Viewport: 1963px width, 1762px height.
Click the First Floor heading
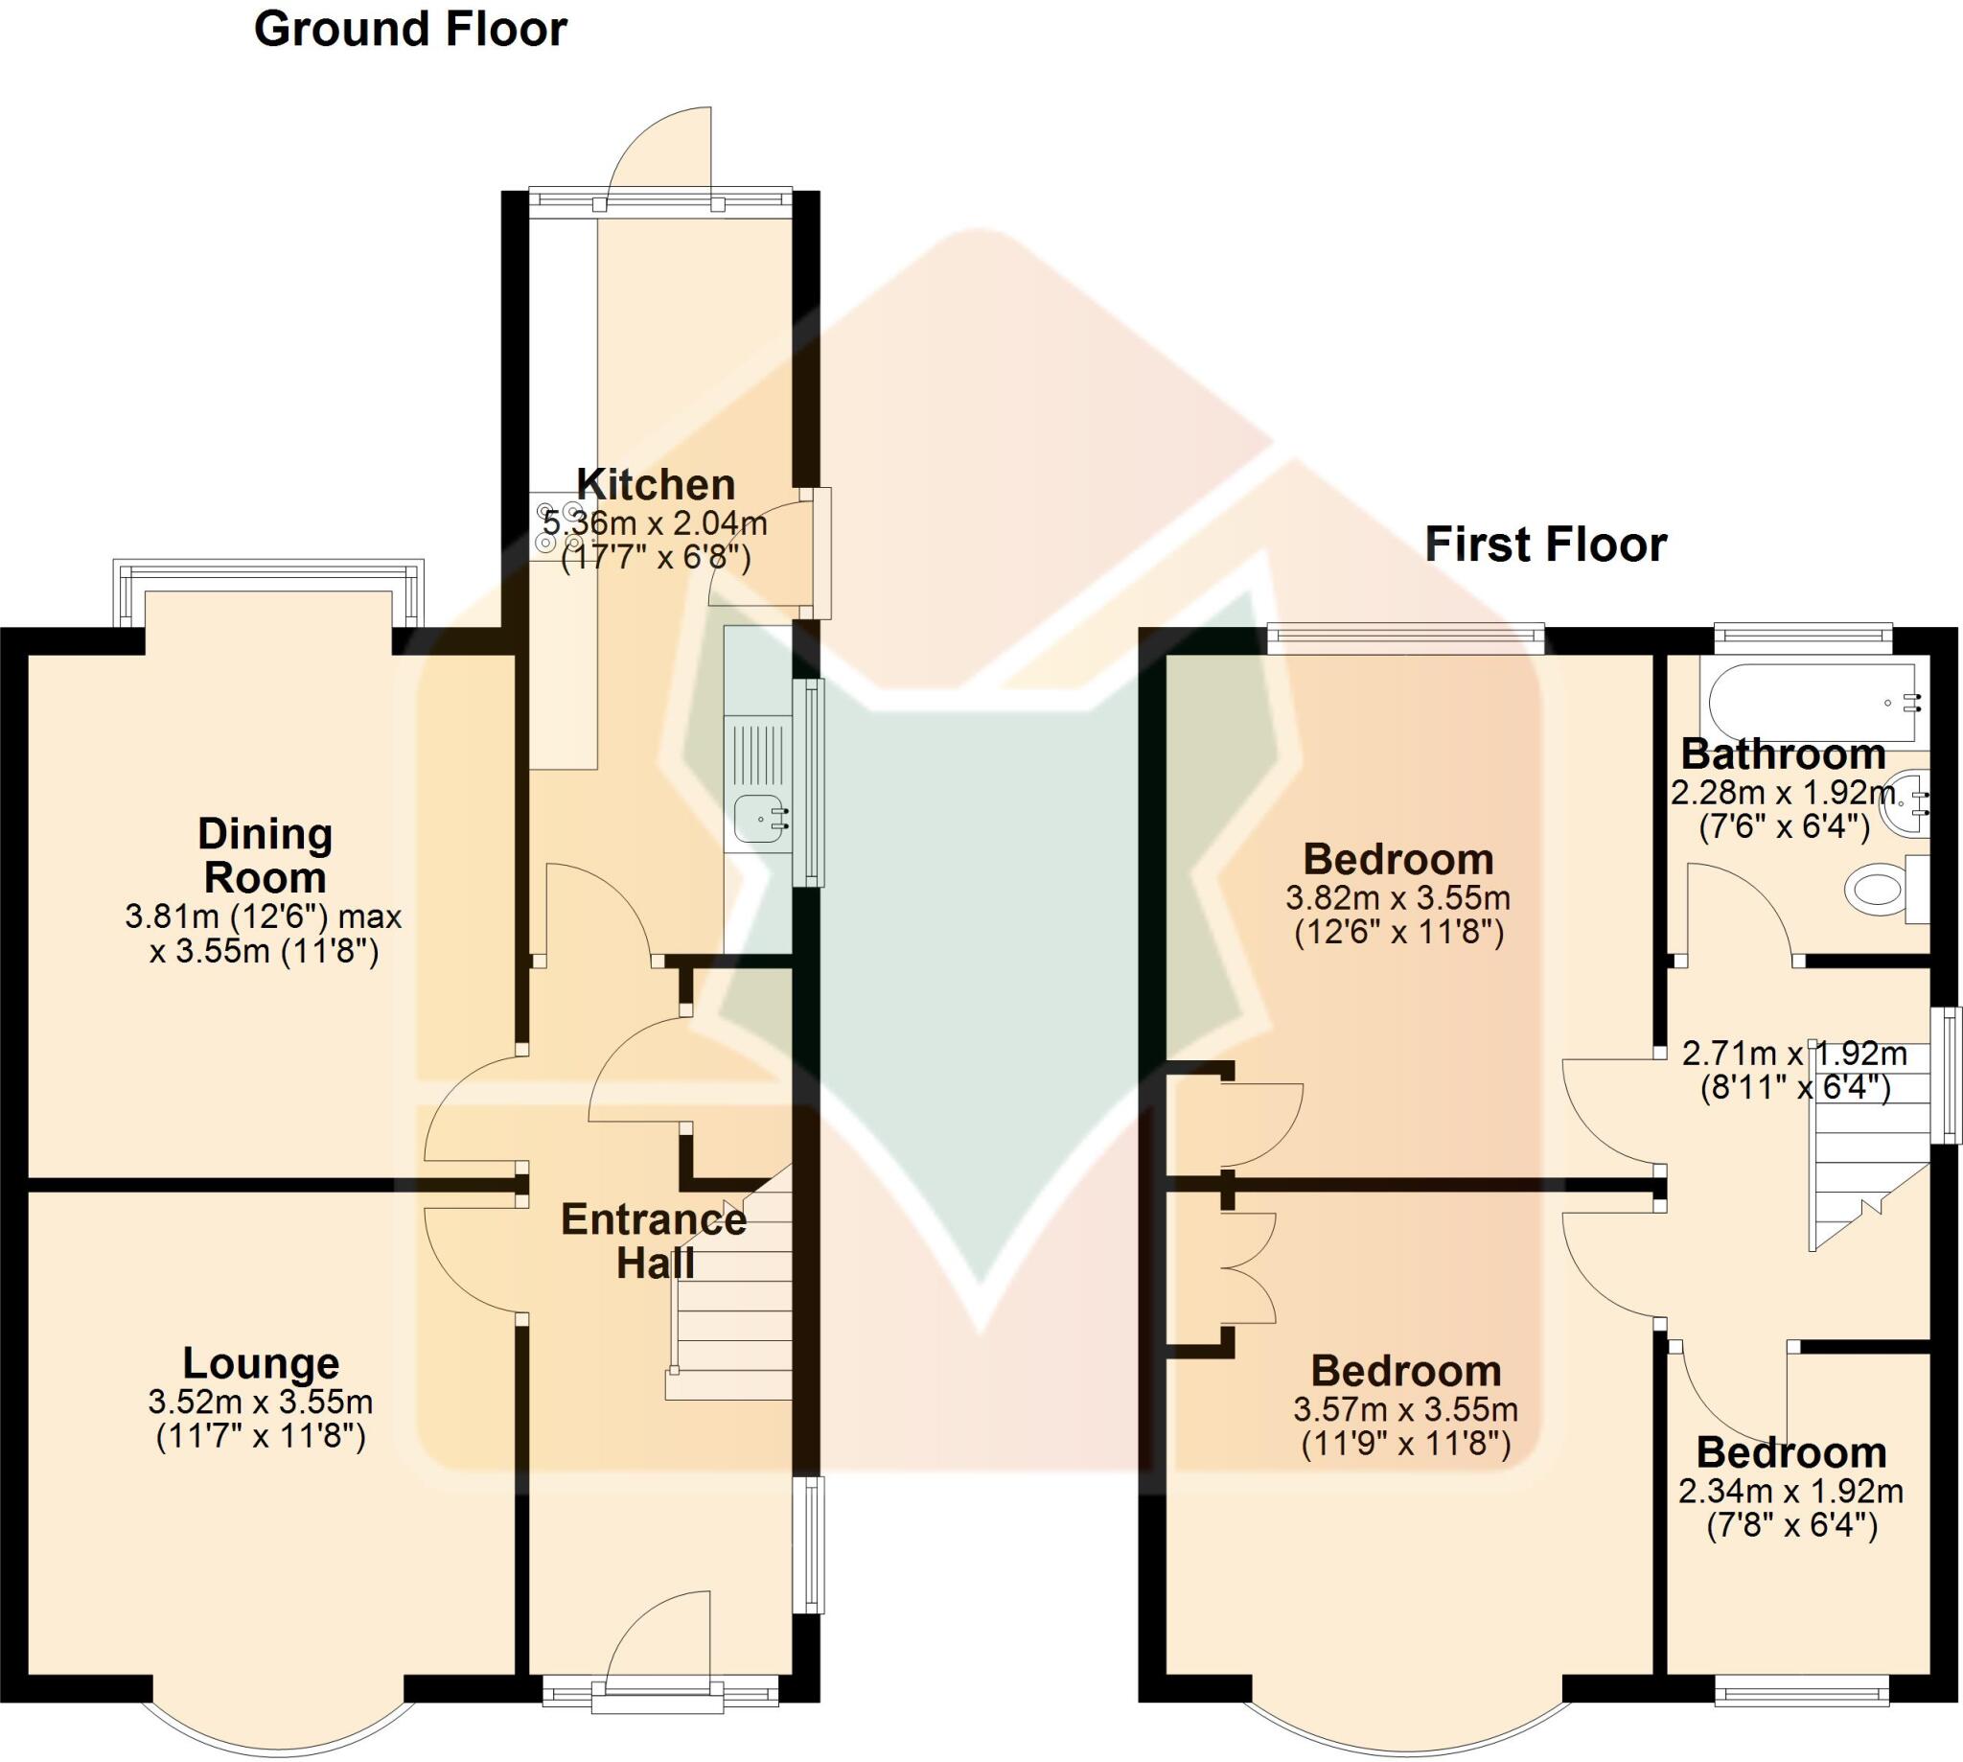point(1545,545)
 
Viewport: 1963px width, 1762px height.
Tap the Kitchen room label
point(656,484)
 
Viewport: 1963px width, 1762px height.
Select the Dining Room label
point(265,856)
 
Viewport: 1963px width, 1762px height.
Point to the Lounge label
point(262,1363)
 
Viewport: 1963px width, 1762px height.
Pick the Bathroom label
point(1783,753)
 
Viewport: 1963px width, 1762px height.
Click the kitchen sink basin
point(759,818)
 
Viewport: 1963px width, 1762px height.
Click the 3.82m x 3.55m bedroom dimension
point(1397,898)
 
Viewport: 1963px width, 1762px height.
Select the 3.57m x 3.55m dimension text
point(1405,1408)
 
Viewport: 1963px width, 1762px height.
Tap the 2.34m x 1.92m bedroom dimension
point(1790,1491)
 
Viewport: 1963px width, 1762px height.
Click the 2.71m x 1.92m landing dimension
point(1794,1054)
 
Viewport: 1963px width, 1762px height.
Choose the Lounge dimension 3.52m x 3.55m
point(261,1401)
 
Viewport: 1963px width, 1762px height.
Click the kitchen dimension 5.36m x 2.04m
point(656,523)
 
